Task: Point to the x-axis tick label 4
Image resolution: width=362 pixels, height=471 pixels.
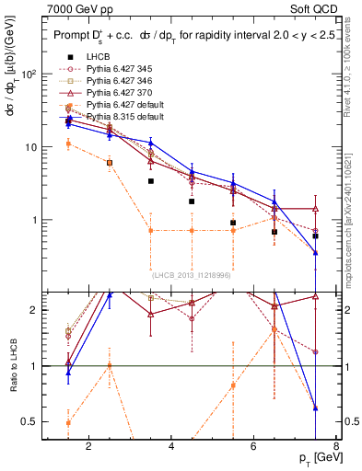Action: [172, 448]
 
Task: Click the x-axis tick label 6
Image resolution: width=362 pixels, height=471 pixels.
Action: [255, 448]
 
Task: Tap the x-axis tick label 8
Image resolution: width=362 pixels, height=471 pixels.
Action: [337, 448]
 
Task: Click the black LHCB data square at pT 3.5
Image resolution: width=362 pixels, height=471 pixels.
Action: [151, 181]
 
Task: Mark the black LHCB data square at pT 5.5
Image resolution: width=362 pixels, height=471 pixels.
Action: [234, 223]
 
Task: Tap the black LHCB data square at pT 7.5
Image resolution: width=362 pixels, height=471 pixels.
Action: [316, 236]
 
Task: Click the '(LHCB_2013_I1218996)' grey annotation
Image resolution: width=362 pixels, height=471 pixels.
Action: [191, 275]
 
